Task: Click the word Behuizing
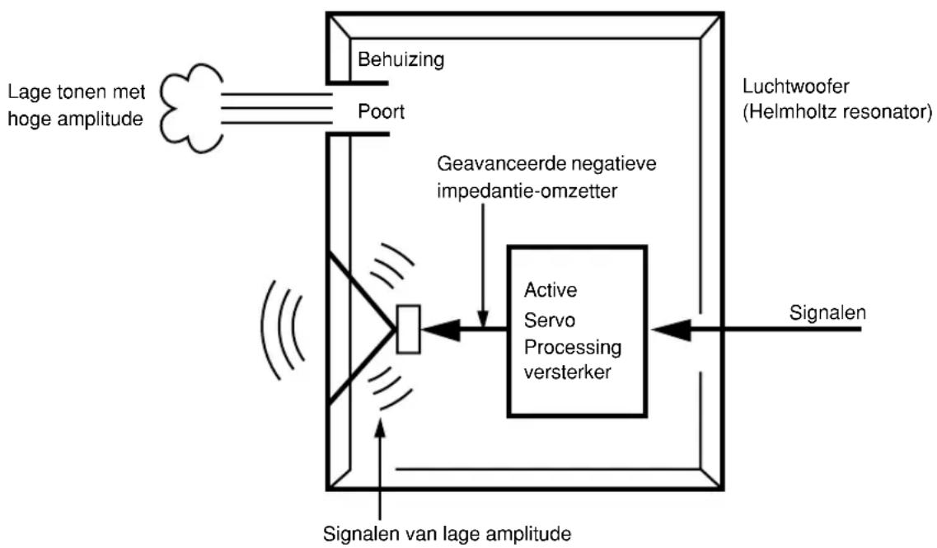[x=401, y=60]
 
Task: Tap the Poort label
[x=382, y=111]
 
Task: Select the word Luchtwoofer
[x=795, y=86]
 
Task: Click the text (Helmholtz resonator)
[x=837, y=112]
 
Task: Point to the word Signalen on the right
[x=827, y=312]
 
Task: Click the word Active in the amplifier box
[x=550, y=290]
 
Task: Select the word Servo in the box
[x=549, y=320]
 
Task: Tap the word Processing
[x=573, y=347]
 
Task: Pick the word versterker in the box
[x=567, y=372]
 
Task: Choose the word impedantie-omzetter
[x=527, y=190]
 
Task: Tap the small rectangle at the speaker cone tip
[x=409, y=330]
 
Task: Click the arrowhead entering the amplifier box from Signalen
[x=671, y=330]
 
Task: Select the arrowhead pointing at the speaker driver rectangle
[x=441, y=330]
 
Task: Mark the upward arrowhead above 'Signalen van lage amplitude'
[x=379, y=429]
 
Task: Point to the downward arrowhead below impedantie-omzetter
[x=483, y=316]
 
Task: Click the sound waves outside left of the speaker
[x=281, y=330]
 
